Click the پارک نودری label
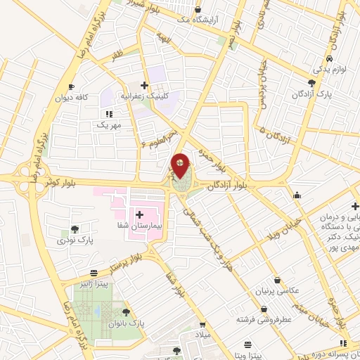[75, 240]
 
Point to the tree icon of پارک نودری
[75, 229]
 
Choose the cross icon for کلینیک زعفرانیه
[144, 85]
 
